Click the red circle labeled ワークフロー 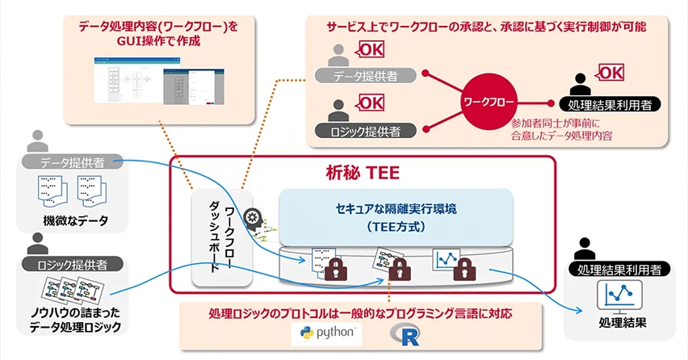point(489,103)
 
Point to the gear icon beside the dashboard point(253,217)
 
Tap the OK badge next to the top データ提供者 point(371,49)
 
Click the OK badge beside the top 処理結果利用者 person point(610,74)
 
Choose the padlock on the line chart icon point(462,270)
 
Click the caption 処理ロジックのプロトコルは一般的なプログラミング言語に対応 point(360,312)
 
